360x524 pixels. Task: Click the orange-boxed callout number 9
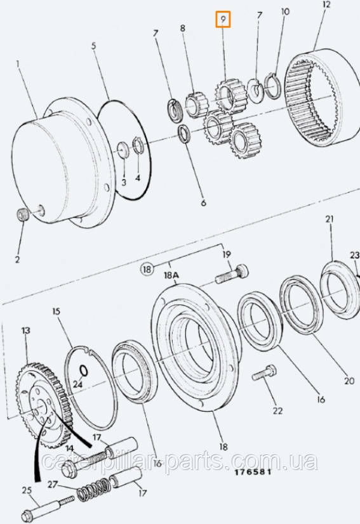223,20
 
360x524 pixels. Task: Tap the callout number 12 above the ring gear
326,4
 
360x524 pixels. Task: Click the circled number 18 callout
147,269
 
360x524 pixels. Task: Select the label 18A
171,275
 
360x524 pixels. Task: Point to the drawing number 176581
253,472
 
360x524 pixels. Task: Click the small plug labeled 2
22,214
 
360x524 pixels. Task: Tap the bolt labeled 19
232,274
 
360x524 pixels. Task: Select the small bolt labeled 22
264,372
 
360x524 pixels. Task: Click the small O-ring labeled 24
84,370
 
